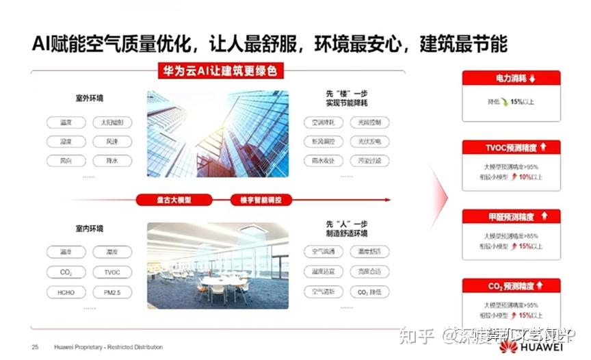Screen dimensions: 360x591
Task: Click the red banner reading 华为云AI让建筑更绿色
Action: click(x=217, y=70)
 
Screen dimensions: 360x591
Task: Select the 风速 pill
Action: click(x=112, y=142)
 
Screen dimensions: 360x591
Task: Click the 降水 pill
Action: click(x=112, y=162)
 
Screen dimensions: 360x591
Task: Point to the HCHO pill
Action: click(x=66, y=292)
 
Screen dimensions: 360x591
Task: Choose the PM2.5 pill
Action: click(x=112, y=292)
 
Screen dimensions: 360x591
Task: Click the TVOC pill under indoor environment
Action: click(x=112, y=272)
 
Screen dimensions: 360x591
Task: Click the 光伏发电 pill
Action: click(x=369, y=142)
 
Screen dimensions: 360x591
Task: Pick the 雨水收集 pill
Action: click(x=324, y=162)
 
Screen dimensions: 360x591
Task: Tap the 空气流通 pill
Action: click(x=324, y=252)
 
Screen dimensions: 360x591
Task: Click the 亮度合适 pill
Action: click(x=369, y=272)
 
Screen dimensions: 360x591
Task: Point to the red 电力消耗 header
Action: click(x=512, y=79)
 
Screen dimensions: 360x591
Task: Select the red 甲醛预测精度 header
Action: click(x=512, y=217)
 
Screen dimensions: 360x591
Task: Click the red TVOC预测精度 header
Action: click(x=512, y=147)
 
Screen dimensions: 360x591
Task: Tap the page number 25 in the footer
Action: click(x=35, y=348)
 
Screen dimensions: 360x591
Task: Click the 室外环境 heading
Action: click(x=90, y=99)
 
